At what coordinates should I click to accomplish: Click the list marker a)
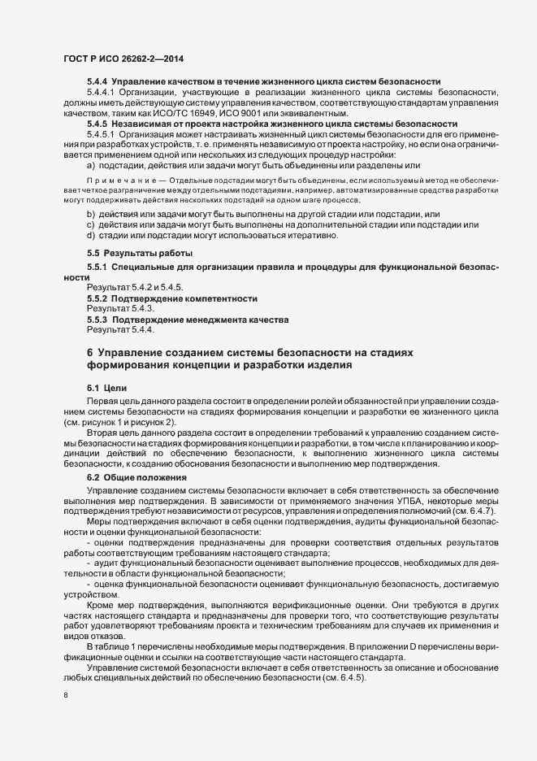pos(90,165)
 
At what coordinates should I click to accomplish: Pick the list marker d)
pos(90,235)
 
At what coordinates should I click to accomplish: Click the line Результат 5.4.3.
pos(120,309)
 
